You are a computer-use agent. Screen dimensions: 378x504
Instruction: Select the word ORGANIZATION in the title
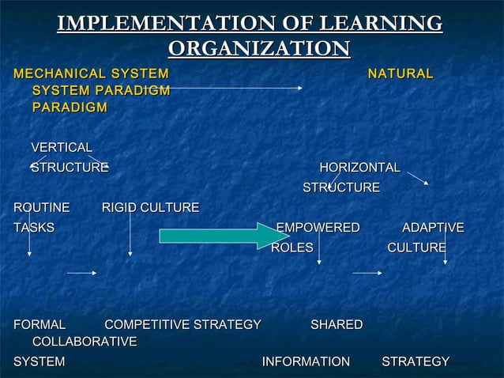[x=259, y=49]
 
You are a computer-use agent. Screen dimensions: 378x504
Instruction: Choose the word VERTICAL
[x=62, y=147]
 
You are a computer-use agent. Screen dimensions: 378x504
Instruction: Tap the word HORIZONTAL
[x=359, y=168]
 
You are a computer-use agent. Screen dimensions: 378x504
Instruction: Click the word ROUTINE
[x=42, y=208]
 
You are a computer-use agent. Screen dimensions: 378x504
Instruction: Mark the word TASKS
[x=34, y=228]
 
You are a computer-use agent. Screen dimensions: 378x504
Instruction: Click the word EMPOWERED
[x=318, y=228]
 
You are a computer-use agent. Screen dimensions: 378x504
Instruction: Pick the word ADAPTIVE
[x=433, y=228]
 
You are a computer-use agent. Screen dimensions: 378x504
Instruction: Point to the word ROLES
[x=292, y=248]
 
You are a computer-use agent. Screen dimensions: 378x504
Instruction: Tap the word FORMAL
[x=39, y=324]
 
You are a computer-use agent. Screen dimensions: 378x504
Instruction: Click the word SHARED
[x=337, y=324]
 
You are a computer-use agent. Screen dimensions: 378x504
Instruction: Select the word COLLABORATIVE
[x=85, y=342]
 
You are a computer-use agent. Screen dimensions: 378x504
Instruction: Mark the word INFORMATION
[x=306, y=361]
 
